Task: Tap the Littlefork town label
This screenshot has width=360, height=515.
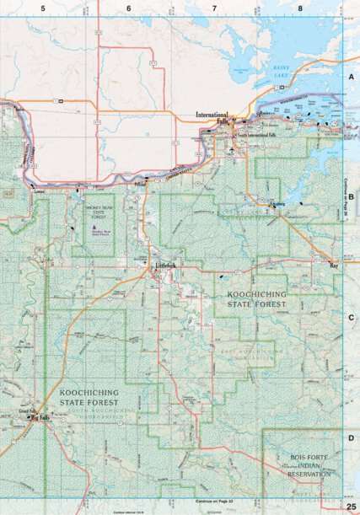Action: tap(165, 266)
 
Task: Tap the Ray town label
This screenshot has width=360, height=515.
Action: tap(333, 266)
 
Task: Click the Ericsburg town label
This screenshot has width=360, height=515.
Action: tap(279, 205)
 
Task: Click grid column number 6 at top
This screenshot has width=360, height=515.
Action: tap(129, 8)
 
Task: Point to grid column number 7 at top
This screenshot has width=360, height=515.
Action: tap(214, 8)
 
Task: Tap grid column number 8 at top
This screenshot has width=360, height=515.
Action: tap(299, 8)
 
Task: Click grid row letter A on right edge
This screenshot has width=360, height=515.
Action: tap(351, 76)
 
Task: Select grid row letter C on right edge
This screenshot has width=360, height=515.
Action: tap(351, 317)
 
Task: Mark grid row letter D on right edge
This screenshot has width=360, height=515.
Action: tap(351, 438)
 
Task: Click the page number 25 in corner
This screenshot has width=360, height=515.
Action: tap(351, 505)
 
